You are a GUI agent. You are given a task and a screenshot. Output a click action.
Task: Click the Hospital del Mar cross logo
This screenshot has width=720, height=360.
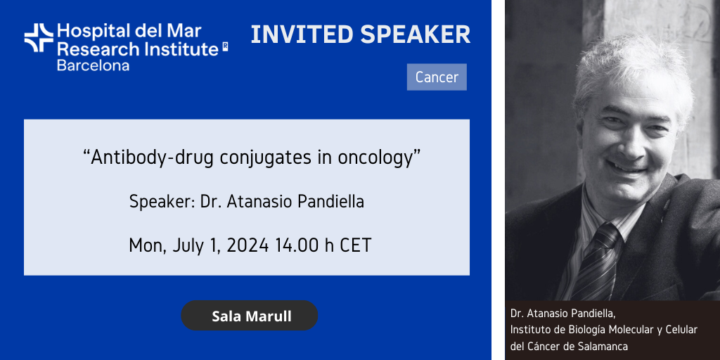coord(39,38)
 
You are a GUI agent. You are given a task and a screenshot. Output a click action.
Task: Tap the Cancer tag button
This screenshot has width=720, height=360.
coord(437,77)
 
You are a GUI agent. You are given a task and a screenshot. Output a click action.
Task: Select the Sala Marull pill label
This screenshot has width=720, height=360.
coord(250,316)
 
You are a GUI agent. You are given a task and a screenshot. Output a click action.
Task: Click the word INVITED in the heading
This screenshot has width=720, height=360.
coord(302,35)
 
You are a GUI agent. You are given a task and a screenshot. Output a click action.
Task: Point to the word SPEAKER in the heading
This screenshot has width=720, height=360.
coord(416,35)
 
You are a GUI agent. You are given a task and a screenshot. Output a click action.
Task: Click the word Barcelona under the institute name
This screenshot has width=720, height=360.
coord(93,65)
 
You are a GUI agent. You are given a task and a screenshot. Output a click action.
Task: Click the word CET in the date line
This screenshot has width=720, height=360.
coord(355,245)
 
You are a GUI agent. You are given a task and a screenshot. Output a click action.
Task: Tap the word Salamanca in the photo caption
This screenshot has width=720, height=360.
coord(602,346)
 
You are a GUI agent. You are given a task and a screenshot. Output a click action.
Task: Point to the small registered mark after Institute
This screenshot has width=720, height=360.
coord(225,46)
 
